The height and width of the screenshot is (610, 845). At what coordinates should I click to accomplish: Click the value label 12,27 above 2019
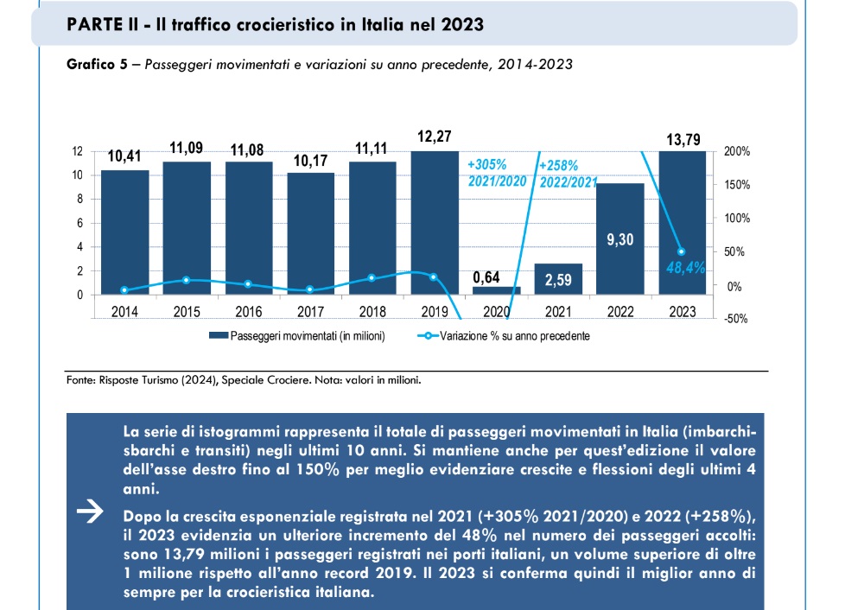tap(433, 137)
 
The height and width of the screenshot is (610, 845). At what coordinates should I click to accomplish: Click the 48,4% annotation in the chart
tap(685, 269)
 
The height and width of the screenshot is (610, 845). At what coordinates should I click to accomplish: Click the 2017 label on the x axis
tap(310, 310)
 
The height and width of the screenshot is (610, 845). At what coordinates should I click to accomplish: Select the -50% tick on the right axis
tap(738, 319)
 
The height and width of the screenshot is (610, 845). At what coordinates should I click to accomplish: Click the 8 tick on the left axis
tap(79, 199)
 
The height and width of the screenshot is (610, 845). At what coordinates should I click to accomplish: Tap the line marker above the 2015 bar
tap(187, 280)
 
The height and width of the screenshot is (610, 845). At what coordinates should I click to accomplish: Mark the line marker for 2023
tap(681, 251)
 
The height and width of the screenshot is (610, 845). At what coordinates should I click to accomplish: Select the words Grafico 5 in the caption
tap(91, 64)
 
